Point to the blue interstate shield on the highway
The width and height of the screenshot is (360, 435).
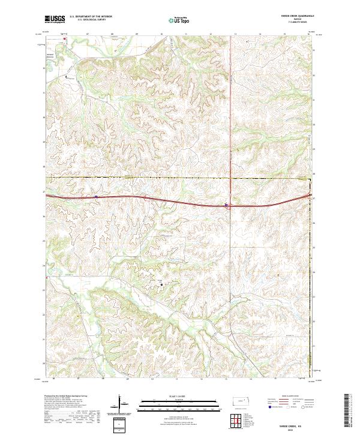95,196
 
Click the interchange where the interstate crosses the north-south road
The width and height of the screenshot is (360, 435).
227,206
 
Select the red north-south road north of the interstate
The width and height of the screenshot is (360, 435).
231,120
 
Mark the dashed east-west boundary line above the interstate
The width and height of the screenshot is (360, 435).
180,178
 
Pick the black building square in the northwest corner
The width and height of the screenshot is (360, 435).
67,77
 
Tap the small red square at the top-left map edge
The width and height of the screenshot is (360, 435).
65,40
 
